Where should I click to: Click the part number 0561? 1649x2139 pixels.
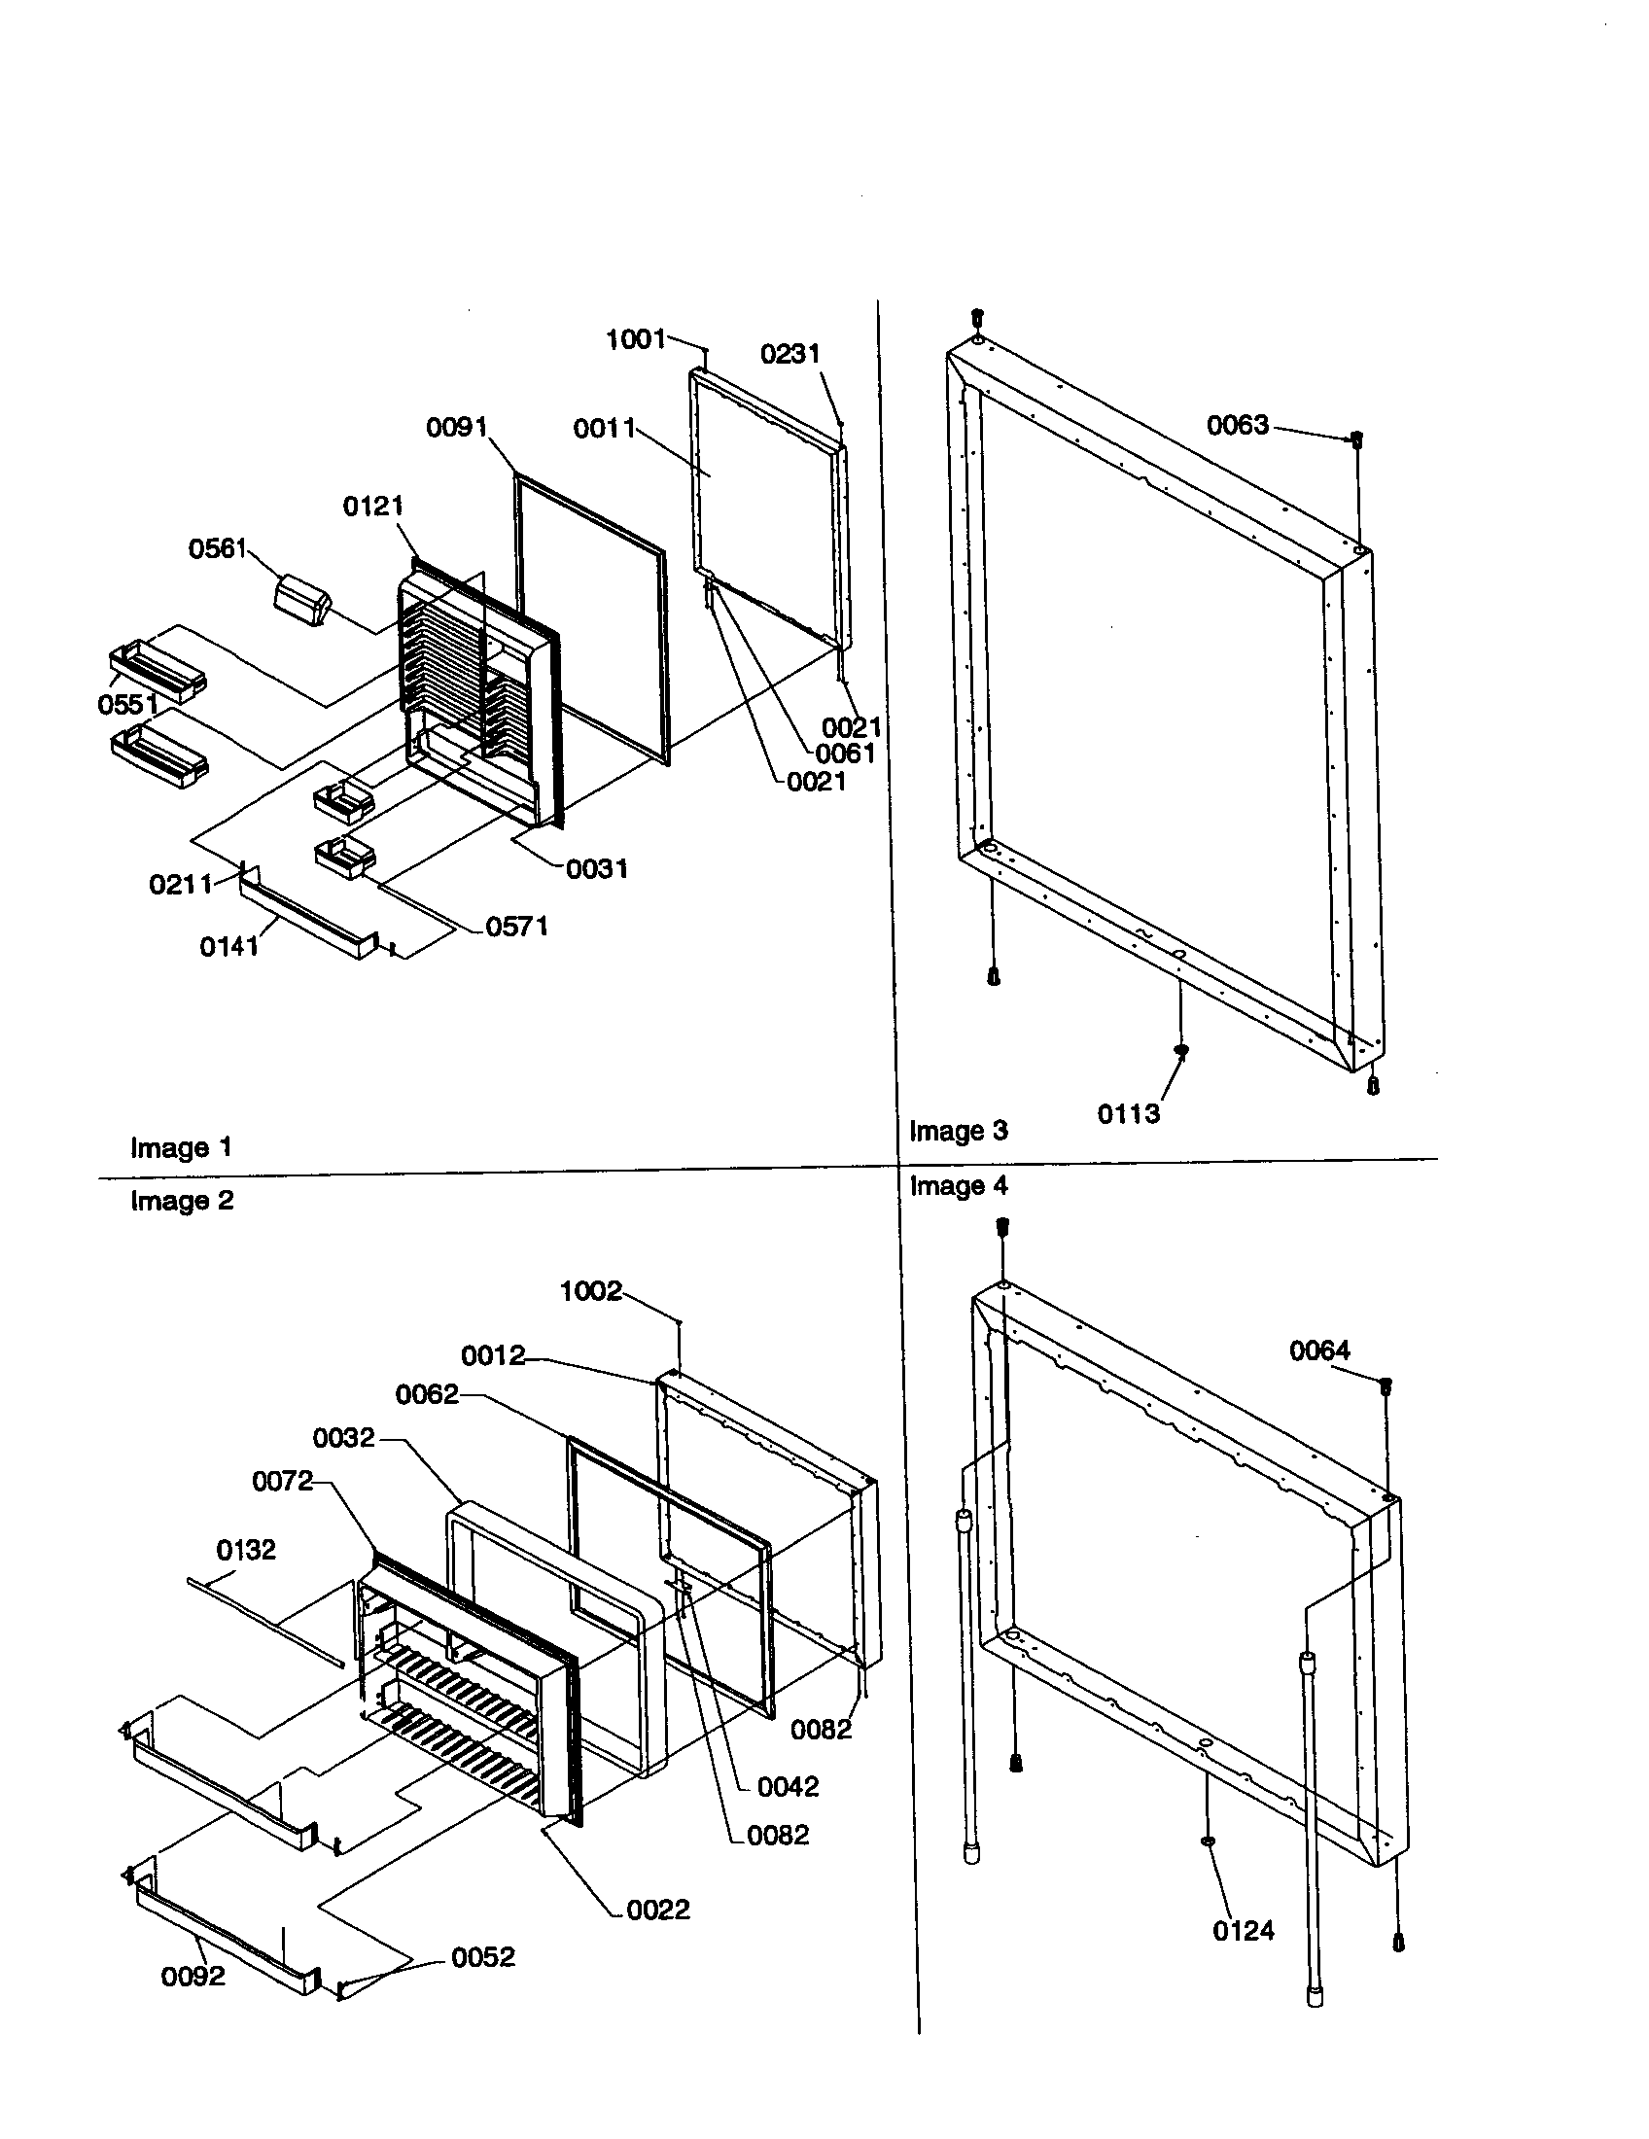[218, 548]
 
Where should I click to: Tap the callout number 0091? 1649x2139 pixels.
[456, 428]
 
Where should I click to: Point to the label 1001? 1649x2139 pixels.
[636, 340]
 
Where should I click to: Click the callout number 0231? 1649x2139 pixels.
[790, 354]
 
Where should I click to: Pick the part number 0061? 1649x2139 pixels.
[845, 754]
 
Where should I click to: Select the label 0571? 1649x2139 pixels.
[516, 926]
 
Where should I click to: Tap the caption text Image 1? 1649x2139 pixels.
[181, 1147]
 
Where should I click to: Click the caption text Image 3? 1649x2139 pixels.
[958, 1130]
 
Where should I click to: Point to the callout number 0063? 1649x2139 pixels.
[1238, 425]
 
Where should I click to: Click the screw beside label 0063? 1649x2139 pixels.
[1357, 439]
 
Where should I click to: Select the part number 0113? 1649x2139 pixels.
[1128, 1113]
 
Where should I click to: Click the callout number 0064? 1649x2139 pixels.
[1319, 1350]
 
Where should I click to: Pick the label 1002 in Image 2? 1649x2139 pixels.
[590, 1291]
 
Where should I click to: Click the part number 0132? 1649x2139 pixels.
[246, 1550]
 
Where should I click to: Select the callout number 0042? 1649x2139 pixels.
[788, 1786]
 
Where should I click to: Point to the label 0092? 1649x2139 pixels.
[193, 1976]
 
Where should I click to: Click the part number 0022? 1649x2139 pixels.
[658, 1909]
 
